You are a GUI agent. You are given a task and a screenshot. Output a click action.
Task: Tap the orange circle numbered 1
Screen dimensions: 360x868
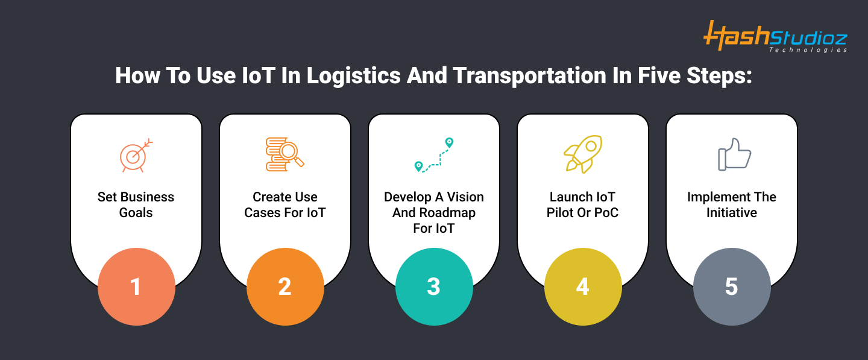[136, 287]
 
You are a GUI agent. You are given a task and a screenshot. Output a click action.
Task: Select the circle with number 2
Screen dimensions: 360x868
[285, 287]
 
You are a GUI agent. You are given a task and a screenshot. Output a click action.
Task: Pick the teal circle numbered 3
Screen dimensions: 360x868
[434, 287]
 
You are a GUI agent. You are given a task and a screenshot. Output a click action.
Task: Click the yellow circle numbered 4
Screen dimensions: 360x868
[583, 287]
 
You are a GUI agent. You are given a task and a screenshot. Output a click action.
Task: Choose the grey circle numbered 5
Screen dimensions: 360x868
[732, 287]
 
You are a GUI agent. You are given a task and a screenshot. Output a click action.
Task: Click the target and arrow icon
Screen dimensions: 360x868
[136, 155]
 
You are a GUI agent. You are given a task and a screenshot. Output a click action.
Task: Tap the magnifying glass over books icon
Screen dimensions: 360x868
[285, 154]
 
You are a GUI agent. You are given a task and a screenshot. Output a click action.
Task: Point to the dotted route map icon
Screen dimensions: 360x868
[433, 155]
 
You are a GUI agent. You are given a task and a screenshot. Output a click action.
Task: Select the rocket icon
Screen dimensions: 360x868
[582, 154]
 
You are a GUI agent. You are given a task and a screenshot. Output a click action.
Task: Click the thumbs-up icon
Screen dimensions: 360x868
[734, 154]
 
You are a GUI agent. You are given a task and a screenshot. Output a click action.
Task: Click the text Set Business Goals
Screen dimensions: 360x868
[136, 205]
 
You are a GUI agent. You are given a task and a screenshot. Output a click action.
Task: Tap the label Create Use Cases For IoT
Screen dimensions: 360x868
[285, 205]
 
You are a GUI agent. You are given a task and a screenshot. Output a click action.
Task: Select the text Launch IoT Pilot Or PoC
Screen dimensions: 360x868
[582, 205]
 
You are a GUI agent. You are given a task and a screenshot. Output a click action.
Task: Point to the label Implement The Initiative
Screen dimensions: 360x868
[732, 205]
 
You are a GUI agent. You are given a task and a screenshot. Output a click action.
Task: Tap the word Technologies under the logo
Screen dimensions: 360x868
[808, 50]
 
